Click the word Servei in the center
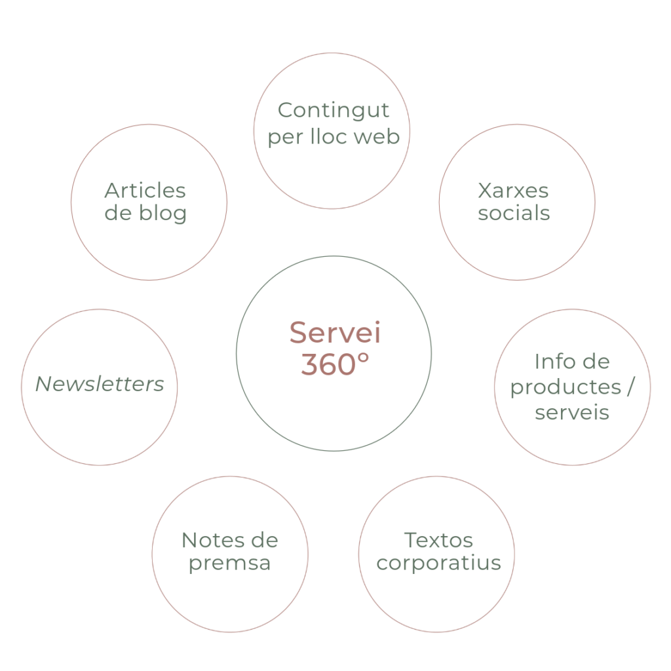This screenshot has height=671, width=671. pyautogui.click(x=335, y=332)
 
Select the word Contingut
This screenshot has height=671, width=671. pyautogui.click(x=334, y=111)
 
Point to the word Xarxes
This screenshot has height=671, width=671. pyautogui.click(x=514, y=191)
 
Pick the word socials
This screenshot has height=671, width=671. pyautogui.click(x=514, y=213)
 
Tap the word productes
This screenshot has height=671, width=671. pyautogui.click(x=565, y=387)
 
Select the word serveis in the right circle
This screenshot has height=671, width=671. pyautogui.click(x=572, y=413)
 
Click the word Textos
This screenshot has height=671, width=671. pyautogui.click(x=438, y=541)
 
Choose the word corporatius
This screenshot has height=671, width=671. pyautogui.click(x=439, y=563)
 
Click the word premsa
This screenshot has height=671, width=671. pyautogui.click(x=229, y=563)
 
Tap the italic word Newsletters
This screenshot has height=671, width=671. pyautogui.click(x=100, y=384)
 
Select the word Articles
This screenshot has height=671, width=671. pyautogui.click(x=145, y=191)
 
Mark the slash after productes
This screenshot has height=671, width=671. pyautogui.click(x=630, y=387)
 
